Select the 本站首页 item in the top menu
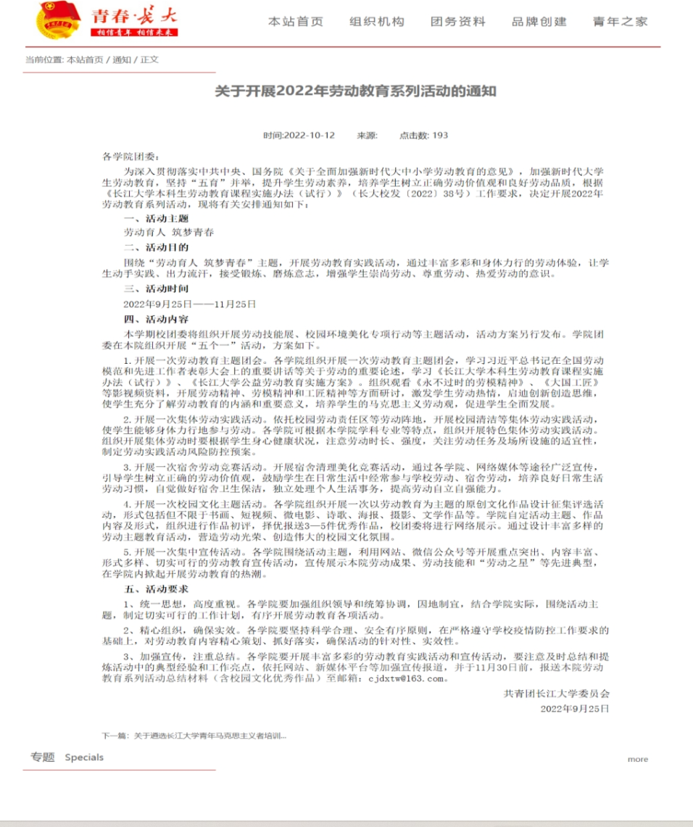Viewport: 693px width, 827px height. pos(296,22)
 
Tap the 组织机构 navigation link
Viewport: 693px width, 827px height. pos(377,22)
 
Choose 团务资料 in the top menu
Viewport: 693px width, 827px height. pos(458,22)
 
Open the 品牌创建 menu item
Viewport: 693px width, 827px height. pos(539,22)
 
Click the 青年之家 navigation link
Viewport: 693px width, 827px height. pos(621,22)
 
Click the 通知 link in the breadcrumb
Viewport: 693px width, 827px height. pos(122,59)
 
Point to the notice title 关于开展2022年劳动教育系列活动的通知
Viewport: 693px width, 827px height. pos(355,92)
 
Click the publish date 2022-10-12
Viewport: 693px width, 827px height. pos(309,135)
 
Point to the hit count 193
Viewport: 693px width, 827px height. pos(440,135)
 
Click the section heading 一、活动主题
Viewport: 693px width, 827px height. pos(156,219)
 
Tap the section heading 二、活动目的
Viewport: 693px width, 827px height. pos(156,247)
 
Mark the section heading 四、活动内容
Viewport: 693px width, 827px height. pos(156,317)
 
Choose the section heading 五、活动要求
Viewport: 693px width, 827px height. pos(156,589)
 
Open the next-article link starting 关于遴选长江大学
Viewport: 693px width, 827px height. pos(207,736)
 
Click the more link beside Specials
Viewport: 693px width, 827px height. pos(638,759)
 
